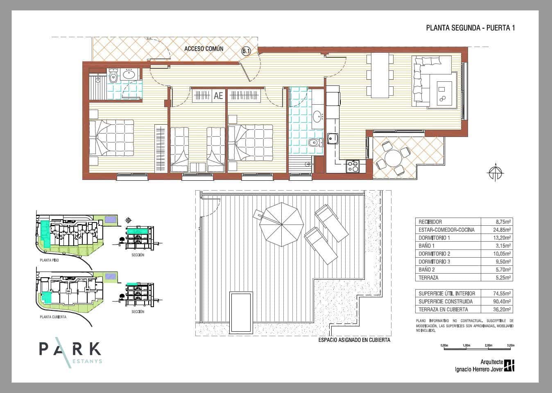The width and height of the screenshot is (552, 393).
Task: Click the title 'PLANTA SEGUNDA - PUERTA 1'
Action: coord(470,28)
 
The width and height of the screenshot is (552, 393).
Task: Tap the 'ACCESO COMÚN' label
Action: coord(204,49)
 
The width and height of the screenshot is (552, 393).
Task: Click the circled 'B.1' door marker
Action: coord(246,51)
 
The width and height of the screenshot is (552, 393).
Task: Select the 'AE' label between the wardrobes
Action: coord(218,96)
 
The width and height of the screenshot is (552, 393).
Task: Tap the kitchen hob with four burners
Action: coord(353,166)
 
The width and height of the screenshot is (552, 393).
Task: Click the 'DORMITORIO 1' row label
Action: coord(434,238)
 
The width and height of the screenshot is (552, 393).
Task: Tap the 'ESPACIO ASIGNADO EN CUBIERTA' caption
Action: coord(354,340)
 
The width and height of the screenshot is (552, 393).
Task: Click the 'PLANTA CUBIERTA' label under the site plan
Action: coord(53,317)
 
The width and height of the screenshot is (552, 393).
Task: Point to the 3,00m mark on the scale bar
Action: coord(510,346)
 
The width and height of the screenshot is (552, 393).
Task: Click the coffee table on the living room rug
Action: coord(443,94)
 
